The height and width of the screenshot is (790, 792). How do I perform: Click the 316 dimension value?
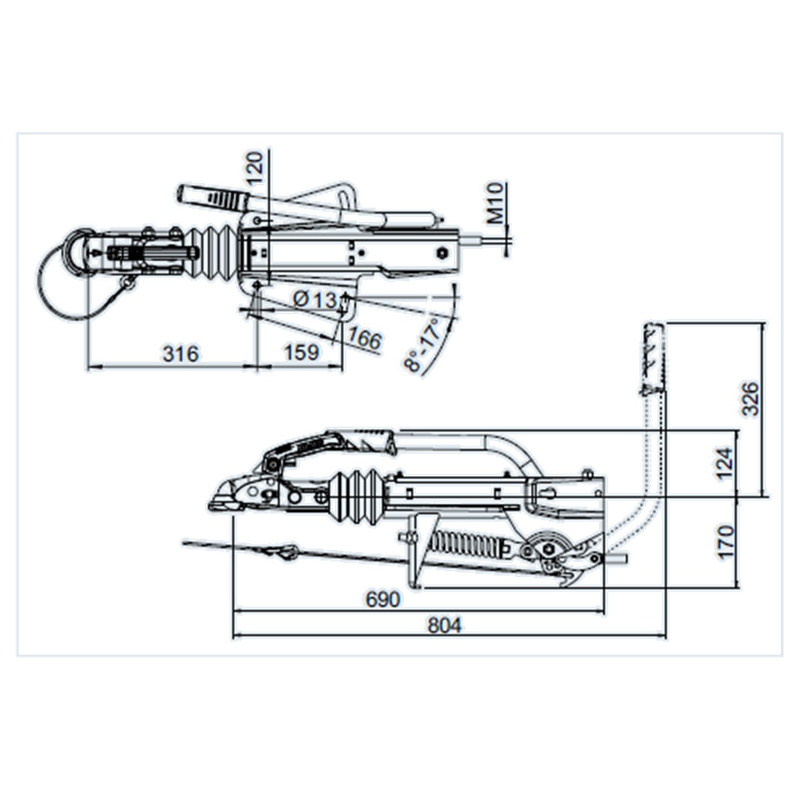point(180,354)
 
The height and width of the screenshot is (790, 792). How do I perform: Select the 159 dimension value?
point(301,352)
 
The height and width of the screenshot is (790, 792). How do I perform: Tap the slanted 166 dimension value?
point(364,338)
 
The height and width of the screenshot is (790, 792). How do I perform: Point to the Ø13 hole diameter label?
point(315,300)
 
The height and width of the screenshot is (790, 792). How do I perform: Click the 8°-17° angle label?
point(423,345)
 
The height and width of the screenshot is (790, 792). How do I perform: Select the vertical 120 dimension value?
point(255,168)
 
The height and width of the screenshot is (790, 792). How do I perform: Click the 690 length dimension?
point(382,599)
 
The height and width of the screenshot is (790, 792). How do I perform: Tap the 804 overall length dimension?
point(444,626)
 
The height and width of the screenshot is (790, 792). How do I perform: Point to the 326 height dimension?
point(751,399)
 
